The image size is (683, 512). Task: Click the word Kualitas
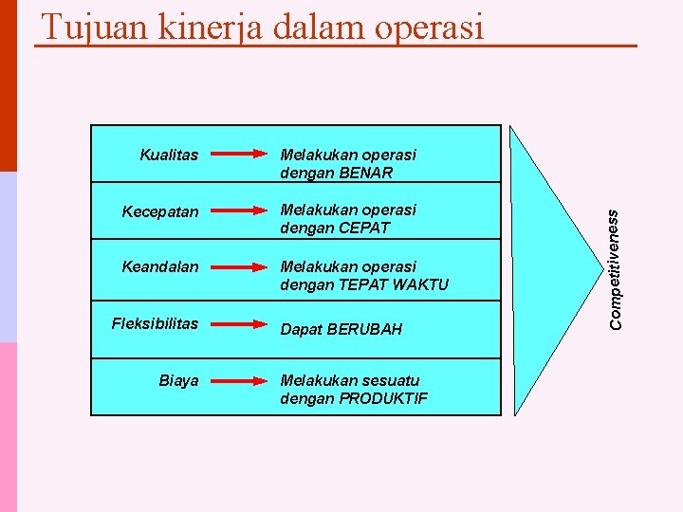169,154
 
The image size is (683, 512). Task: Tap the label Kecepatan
160,211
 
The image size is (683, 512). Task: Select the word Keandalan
160,266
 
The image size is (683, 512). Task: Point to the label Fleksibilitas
155,323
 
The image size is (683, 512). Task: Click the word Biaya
178,380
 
